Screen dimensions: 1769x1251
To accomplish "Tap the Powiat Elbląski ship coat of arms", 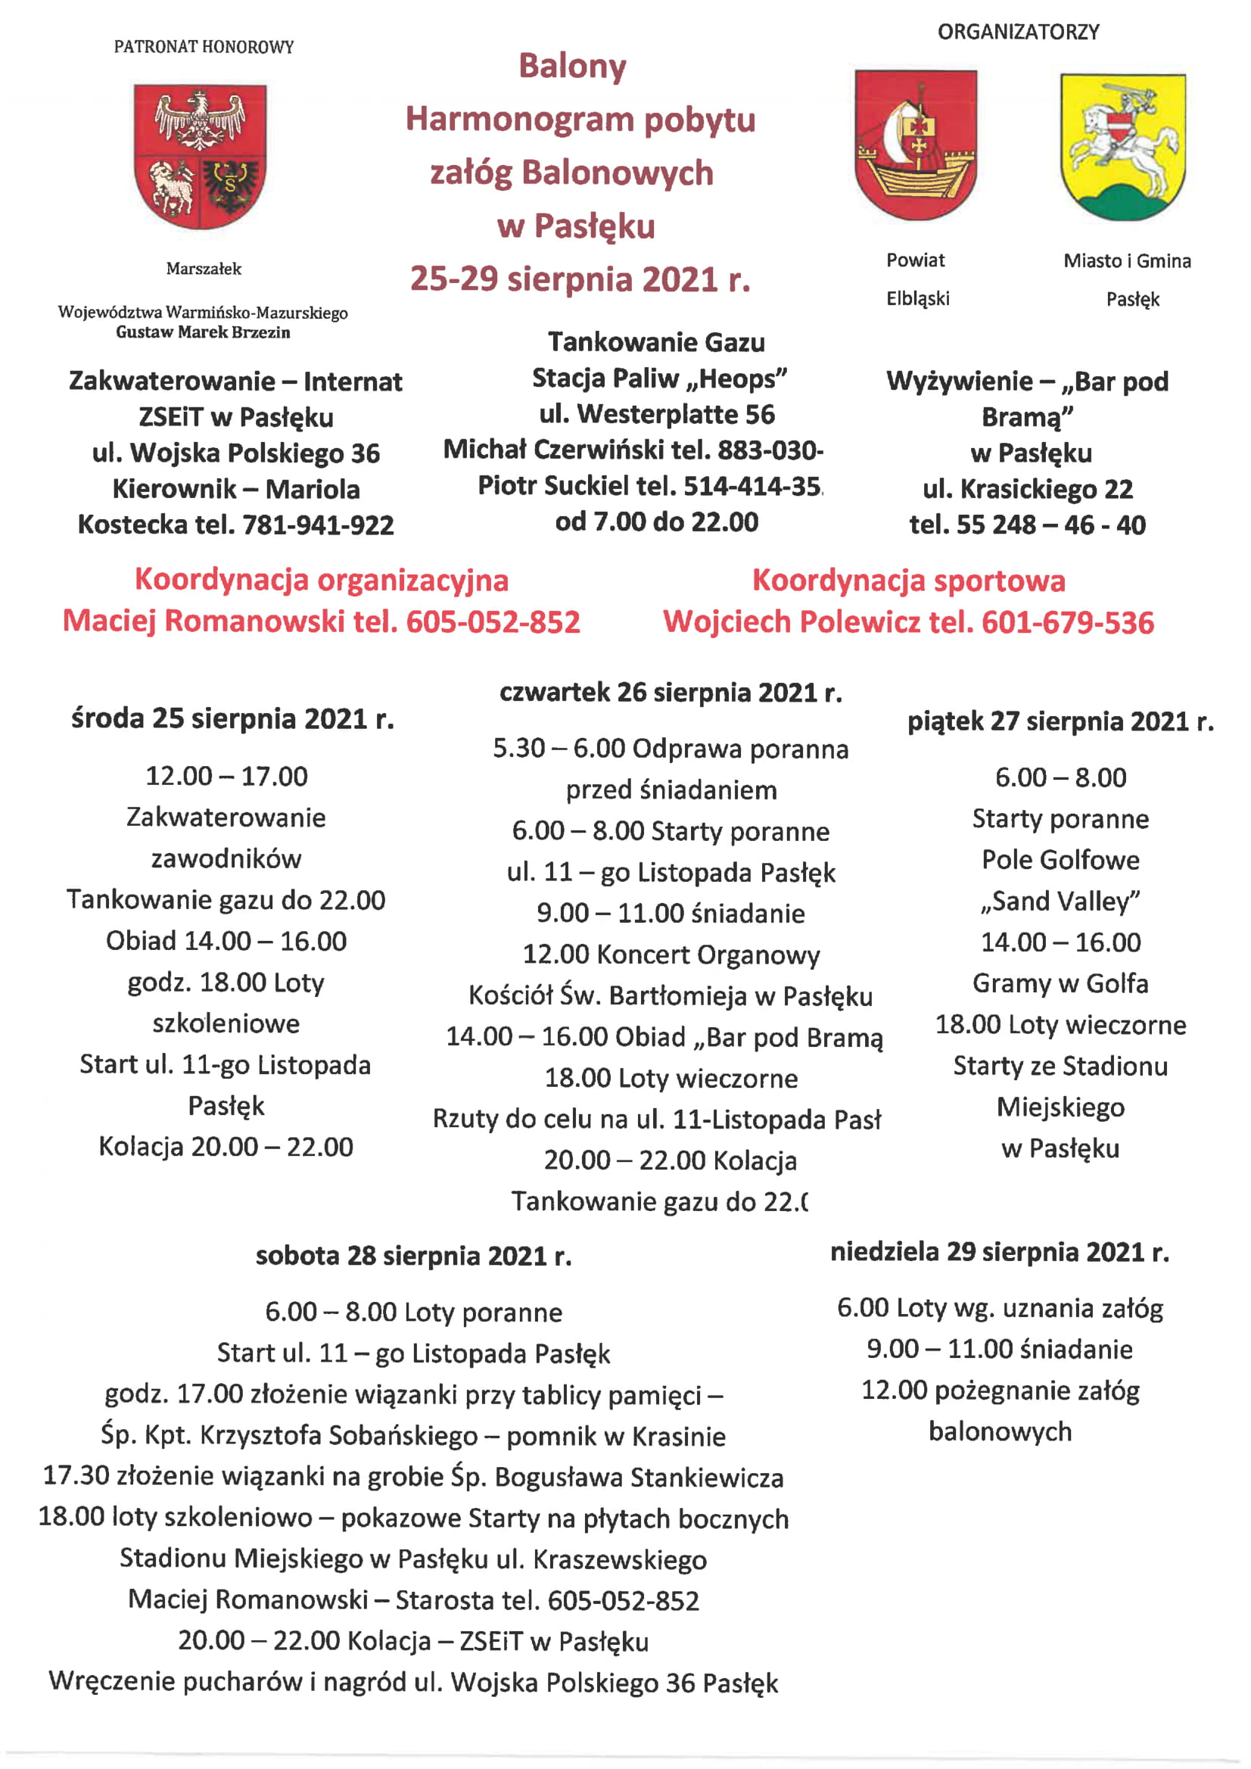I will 915,144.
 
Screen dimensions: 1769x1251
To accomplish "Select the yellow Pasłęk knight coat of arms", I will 1123,146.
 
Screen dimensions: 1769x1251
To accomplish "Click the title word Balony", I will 572,67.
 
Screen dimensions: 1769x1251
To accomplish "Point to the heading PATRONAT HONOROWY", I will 204,47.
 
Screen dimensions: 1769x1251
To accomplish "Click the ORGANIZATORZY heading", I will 1019,33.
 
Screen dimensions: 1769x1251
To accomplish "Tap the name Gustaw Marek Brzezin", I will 204,333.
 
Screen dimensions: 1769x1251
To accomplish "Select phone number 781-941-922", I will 318,525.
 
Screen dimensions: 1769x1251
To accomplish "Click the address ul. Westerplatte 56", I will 656,415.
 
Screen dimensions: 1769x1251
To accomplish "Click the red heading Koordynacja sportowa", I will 908,581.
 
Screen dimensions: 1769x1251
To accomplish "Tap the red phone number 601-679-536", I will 1068,622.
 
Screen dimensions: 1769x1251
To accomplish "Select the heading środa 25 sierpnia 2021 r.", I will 232,719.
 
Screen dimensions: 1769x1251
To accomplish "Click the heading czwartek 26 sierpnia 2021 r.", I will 671,693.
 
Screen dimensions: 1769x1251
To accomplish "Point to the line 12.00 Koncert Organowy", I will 671,955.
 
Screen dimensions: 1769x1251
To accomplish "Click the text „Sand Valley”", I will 1060,901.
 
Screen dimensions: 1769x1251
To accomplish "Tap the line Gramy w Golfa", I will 1060,983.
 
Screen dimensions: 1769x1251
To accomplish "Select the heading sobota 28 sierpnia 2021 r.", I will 414,1256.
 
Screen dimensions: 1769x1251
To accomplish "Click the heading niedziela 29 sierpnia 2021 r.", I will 999,1252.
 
